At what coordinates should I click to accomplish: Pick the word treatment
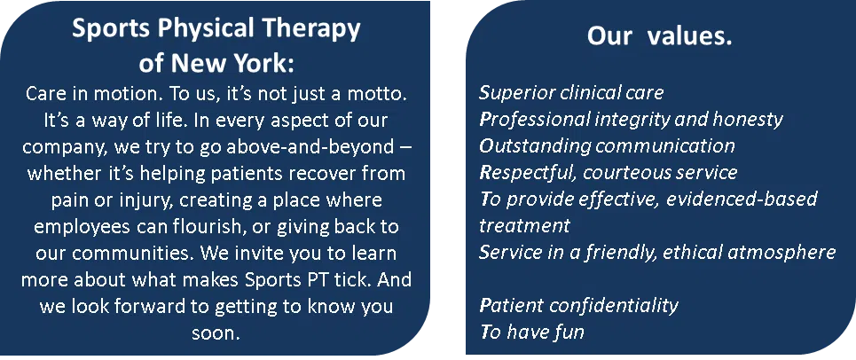point(525,226)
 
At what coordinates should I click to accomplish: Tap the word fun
point(569,333)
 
